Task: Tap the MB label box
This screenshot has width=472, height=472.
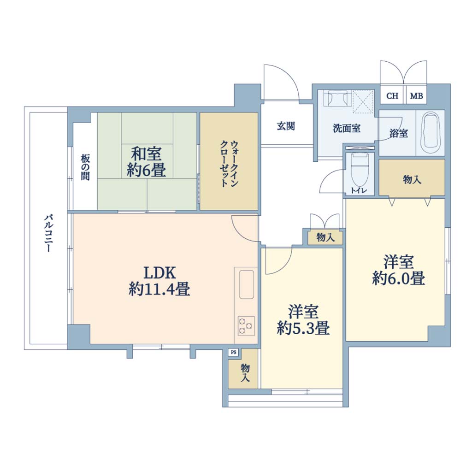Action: point(417,95)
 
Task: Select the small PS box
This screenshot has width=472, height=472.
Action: point(234,352)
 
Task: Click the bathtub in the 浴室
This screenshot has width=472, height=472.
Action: point(430,133)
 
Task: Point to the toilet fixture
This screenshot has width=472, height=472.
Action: point(360,170)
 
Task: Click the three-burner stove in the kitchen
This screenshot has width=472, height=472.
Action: point(247,326)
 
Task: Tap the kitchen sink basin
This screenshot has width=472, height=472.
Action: point(247,284)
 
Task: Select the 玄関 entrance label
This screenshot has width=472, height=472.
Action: point(286,126)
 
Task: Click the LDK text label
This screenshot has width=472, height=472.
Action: point(159,273)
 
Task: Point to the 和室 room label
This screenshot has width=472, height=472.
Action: point(147,153)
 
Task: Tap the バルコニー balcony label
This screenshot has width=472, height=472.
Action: point(48,233)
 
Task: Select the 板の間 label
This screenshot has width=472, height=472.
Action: point(85,167)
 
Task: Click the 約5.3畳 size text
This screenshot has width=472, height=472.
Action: point(303,328)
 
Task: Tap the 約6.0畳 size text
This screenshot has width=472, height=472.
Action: point(399,278)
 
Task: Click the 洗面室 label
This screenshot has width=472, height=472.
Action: point(347,128)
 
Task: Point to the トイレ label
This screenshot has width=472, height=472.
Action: point(359,190)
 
